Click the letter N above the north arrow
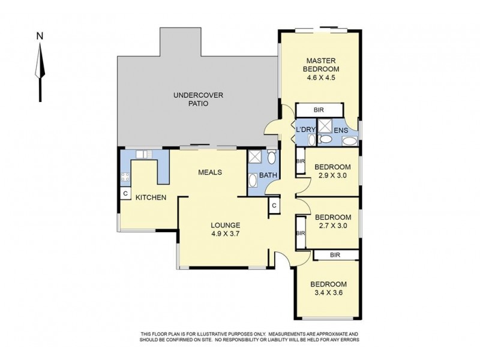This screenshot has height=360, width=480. coord(40,36)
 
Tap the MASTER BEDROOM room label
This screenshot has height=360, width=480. coord(321,65)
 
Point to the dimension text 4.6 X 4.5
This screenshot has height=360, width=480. coord(321,77)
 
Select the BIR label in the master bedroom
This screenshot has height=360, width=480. coord(319,110)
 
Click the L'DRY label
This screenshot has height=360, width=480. coord(305,130)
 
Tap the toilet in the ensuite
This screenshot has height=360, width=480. coord(325,139)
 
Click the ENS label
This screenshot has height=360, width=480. coord(341,130)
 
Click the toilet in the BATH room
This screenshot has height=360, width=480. coord(271,157)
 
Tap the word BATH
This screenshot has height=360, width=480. coord(268,175)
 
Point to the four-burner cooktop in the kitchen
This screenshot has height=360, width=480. coord(125,176)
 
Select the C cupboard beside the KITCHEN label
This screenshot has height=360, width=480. coord(125,194)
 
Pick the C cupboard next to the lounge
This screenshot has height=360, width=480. coord(274,205)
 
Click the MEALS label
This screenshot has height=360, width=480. coord(210,172)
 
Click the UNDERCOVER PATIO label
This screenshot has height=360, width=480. coord(199,99)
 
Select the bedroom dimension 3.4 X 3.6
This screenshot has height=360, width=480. coord(328,293)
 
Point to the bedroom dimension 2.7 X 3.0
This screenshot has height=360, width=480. coord(333,226)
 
